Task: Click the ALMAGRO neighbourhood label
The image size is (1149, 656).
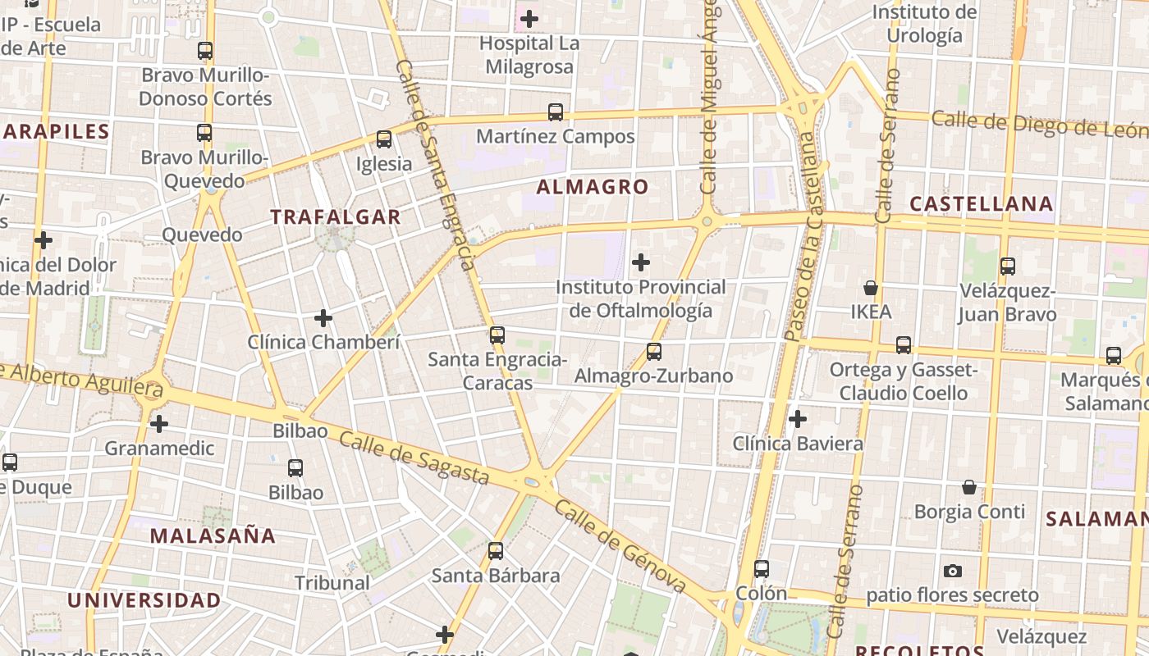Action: click(x=592, y=187)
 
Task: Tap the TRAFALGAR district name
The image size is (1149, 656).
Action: click(x=336, y=217)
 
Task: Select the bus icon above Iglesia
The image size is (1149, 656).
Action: click(x=384, y=139)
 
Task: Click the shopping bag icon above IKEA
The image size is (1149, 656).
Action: click(x=871, y=288)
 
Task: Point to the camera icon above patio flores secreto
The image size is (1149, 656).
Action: click(x=952, y=571)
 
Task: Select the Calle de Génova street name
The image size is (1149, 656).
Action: click(x=620, y=545)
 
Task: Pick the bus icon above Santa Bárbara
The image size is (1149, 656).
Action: click(x=496, y=551)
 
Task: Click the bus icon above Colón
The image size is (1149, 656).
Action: click(x=762, y=569)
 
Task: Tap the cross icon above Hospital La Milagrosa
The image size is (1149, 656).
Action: click(x=529, y=18)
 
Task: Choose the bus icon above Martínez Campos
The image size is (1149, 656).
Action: click(x=556, y=112)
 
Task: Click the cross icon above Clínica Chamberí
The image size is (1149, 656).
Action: click(x=323, y=317)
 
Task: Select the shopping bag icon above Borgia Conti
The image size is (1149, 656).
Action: click(x=969, y=487)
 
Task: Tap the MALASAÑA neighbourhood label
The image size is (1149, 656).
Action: click(x=213, y=536)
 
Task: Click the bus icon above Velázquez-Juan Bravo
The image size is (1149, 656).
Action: click(x=1008, y=266)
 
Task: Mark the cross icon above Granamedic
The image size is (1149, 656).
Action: click(x=159, y=424)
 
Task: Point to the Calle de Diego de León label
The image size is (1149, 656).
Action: click(x=1039, y=125)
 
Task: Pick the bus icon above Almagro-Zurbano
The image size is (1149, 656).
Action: click(x=654, y=352)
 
